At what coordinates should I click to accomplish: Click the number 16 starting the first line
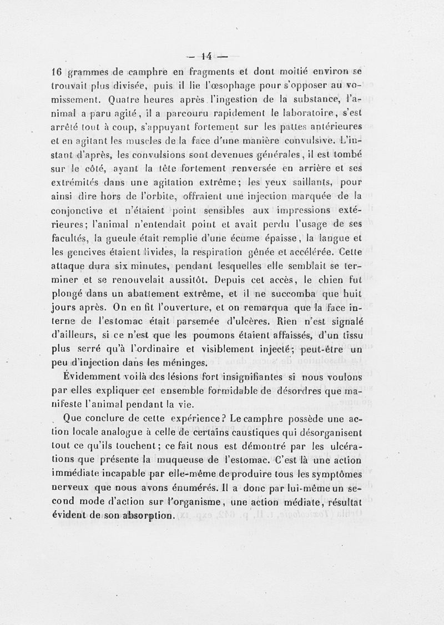tap(56, 72)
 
